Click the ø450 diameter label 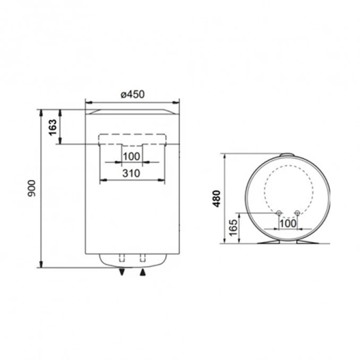coord(132,95)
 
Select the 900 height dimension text coord(31,188)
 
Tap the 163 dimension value coord(53,127)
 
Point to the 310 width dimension coord(132,173)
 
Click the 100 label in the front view coord(132,156)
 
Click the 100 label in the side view coord(287,223)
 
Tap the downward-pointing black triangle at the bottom coord(122,272)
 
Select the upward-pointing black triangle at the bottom coord(142,272)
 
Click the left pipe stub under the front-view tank coord(122,259)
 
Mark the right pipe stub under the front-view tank coord(142,259)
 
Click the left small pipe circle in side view coord(279,213)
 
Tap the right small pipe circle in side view coord(296,213)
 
